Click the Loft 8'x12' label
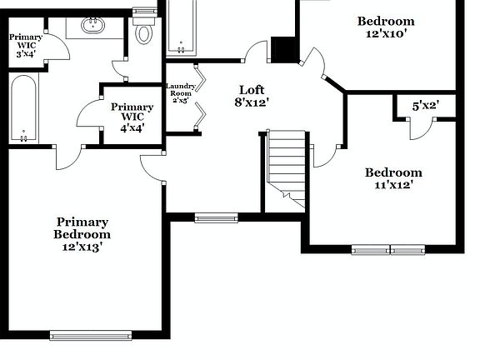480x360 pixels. pos(251,96)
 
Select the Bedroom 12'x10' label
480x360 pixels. pos(386,27)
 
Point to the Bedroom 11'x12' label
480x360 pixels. pos(393,178)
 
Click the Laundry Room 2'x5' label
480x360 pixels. pos(181,93)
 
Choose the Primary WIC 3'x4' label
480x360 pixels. pos(25,45)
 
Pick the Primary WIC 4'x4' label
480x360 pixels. pos(132,117)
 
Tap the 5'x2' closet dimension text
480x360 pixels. pos(426,106)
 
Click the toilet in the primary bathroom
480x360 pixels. pos(145,32)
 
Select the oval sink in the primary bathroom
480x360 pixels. pos(93,27)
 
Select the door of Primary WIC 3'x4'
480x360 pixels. pos(52,49)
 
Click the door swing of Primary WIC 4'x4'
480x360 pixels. pos(90,115)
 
